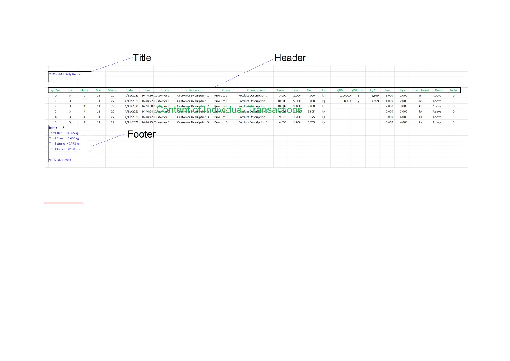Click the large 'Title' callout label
142,58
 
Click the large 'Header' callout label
290,58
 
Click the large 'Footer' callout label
141,134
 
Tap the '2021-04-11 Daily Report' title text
65,74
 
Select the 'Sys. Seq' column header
56,90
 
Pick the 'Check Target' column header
420,90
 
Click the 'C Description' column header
195,90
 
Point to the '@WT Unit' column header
358,90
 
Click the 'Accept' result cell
437,122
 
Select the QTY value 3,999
375,96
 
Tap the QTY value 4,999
375,101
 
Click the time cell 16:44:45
147,122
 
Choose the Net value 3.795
311,122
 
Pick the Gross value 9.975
283,117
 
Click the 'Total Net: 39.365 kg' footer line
64,133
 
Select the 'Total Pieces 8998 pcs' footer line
65,149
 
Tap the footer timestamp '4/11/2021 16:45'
60,160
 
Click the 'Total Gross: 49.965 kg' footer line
65,144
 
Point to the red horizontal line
63,203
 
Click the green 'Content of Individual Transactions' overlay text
229,110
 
